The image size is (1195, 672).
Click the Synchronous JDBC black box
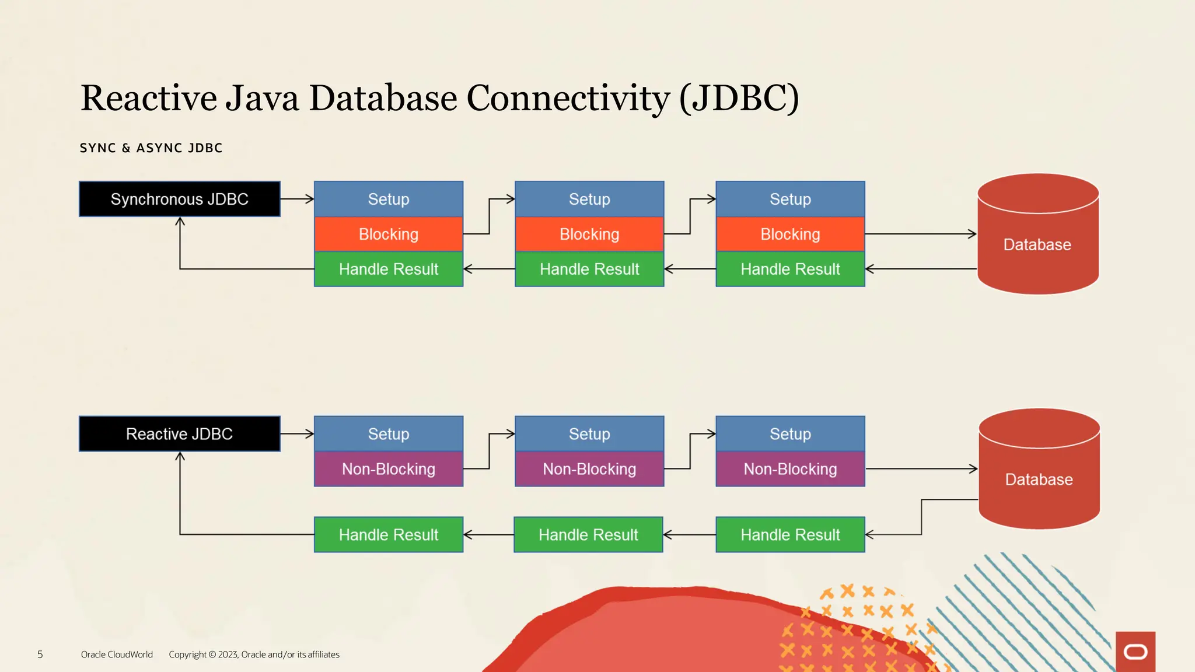pyautogui.click(x=180, y=199)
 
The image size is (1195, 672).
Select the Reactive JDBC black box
pyautogui.click(x=180, y=434)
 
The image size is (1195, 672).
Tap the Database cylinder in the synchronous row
pyautogui.click(x=1037, y=244)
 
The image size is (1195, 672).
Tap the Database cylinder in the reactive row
pyautogui.click(x=1039, y=480)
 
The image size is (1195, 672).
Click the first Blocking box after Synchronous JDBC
pyautogui.click(x=389, y=235)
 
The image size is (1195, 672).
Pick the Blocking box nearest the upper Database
pyautogui.click(x=790, y=235)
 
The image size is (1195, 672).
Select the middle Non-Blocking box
pyautogui.click(x=589, y=469)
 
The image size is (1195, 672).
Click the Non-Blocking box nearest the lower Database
pyautogui.click(x=790, y=469)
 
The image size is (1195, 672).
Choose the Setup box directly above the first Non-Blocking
pyautogui.click(x=389, y=434)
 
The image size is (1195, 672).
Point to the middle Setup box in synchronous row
pyautogui.click(x=589, y=199)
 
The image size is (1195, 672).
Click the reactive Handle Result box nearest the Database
pyautogui.click(x=790, y=534)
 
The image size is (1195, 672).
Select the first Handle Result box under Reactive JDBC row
pyautogui.click(x=389, y=534)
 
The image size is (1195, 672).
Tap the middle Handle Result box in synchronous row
pyautogui.click(x=589, y=269)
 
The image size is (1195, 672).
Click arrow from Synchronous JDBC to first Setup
pyautogui.click(x=297, y=199)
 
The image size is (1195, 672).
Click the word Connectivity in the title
pyautogui.click(x=568, y=98)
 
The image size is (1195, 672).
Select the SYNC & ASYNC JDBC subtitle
pyautogui.click(x=151, y=148)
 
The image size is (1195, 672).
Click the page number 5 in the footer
pyautogui.click(x=40, y=654)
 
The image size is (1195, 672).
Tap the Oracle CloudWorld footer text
pyautogui.click(x=117, y=654)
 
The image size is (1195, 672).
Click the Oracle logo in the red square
pyautogui.click(x=1135, y=652)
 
